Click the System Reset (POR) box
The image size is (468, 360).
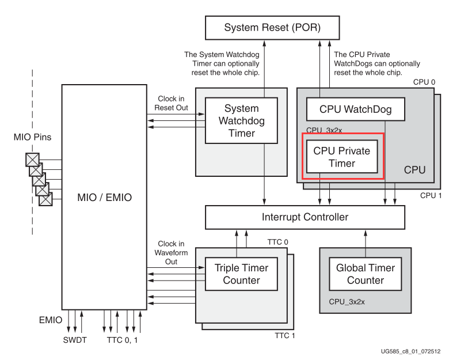(264, 28)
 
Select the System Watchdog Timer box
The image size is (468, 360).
(241, 120)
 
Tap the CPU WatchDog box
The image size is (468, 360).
(355, 109)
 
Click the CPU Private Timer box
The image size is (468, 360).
(342, 157)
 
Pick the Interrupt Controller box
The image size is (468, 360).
(305, 217)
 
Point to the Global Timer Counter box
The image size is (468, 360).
(366, 274)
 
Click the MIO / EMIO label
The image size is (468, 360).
(105, 198)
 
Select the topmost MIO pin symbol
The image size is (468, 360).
(32, 160)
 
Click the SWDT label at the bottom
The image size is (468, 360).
(75, 340)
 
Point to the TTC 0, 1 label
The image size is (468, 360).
(123, 340)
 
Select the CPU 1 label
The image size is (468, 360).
(431, 195)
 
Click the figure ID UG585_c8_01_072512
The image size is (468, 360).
(414, 351)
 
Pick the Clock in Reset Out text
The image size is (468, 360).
(171, 103)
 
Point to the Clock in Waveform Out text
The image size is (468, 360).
(171, 252)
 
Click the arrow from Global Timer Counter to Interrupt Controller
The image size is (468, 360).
(366, 238)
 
